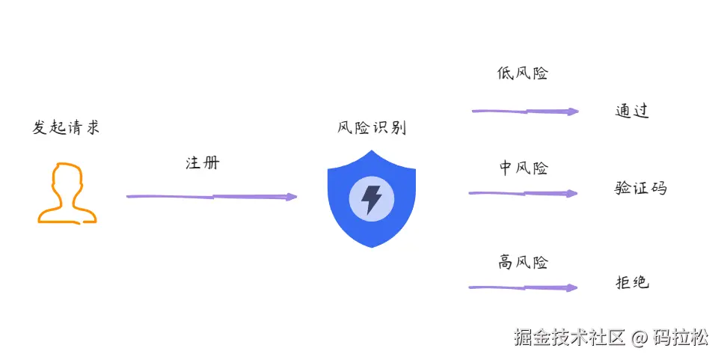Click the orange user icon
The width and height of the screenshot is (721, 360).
point(67,192)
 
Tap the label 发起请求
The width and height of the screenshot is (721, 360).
point(66,126)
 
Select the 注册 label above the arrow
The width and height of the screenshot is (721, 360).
point(202,162)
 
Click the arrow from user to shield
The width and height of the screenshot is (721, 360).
point(209,197)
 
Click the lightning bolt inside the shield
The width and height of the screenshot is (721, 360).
point(371,199)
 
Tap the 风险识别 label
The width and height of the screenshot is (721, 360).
point(371,127)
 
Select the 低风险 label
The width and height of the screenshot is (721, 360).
point(523,73)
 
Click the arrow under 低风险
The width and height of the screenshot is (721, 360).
point(524,112)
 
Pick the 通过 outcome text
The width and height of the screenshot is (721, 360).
point(632,111)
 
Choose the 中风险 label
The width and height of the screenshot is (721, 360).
point(524,168)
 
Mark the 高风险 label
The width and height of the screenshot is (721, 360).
point(524,262)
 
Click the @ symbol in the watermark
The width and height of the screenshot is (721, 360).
point(637,338)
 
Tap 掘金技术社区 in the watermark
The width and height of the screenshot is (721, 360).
point(569,338)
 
